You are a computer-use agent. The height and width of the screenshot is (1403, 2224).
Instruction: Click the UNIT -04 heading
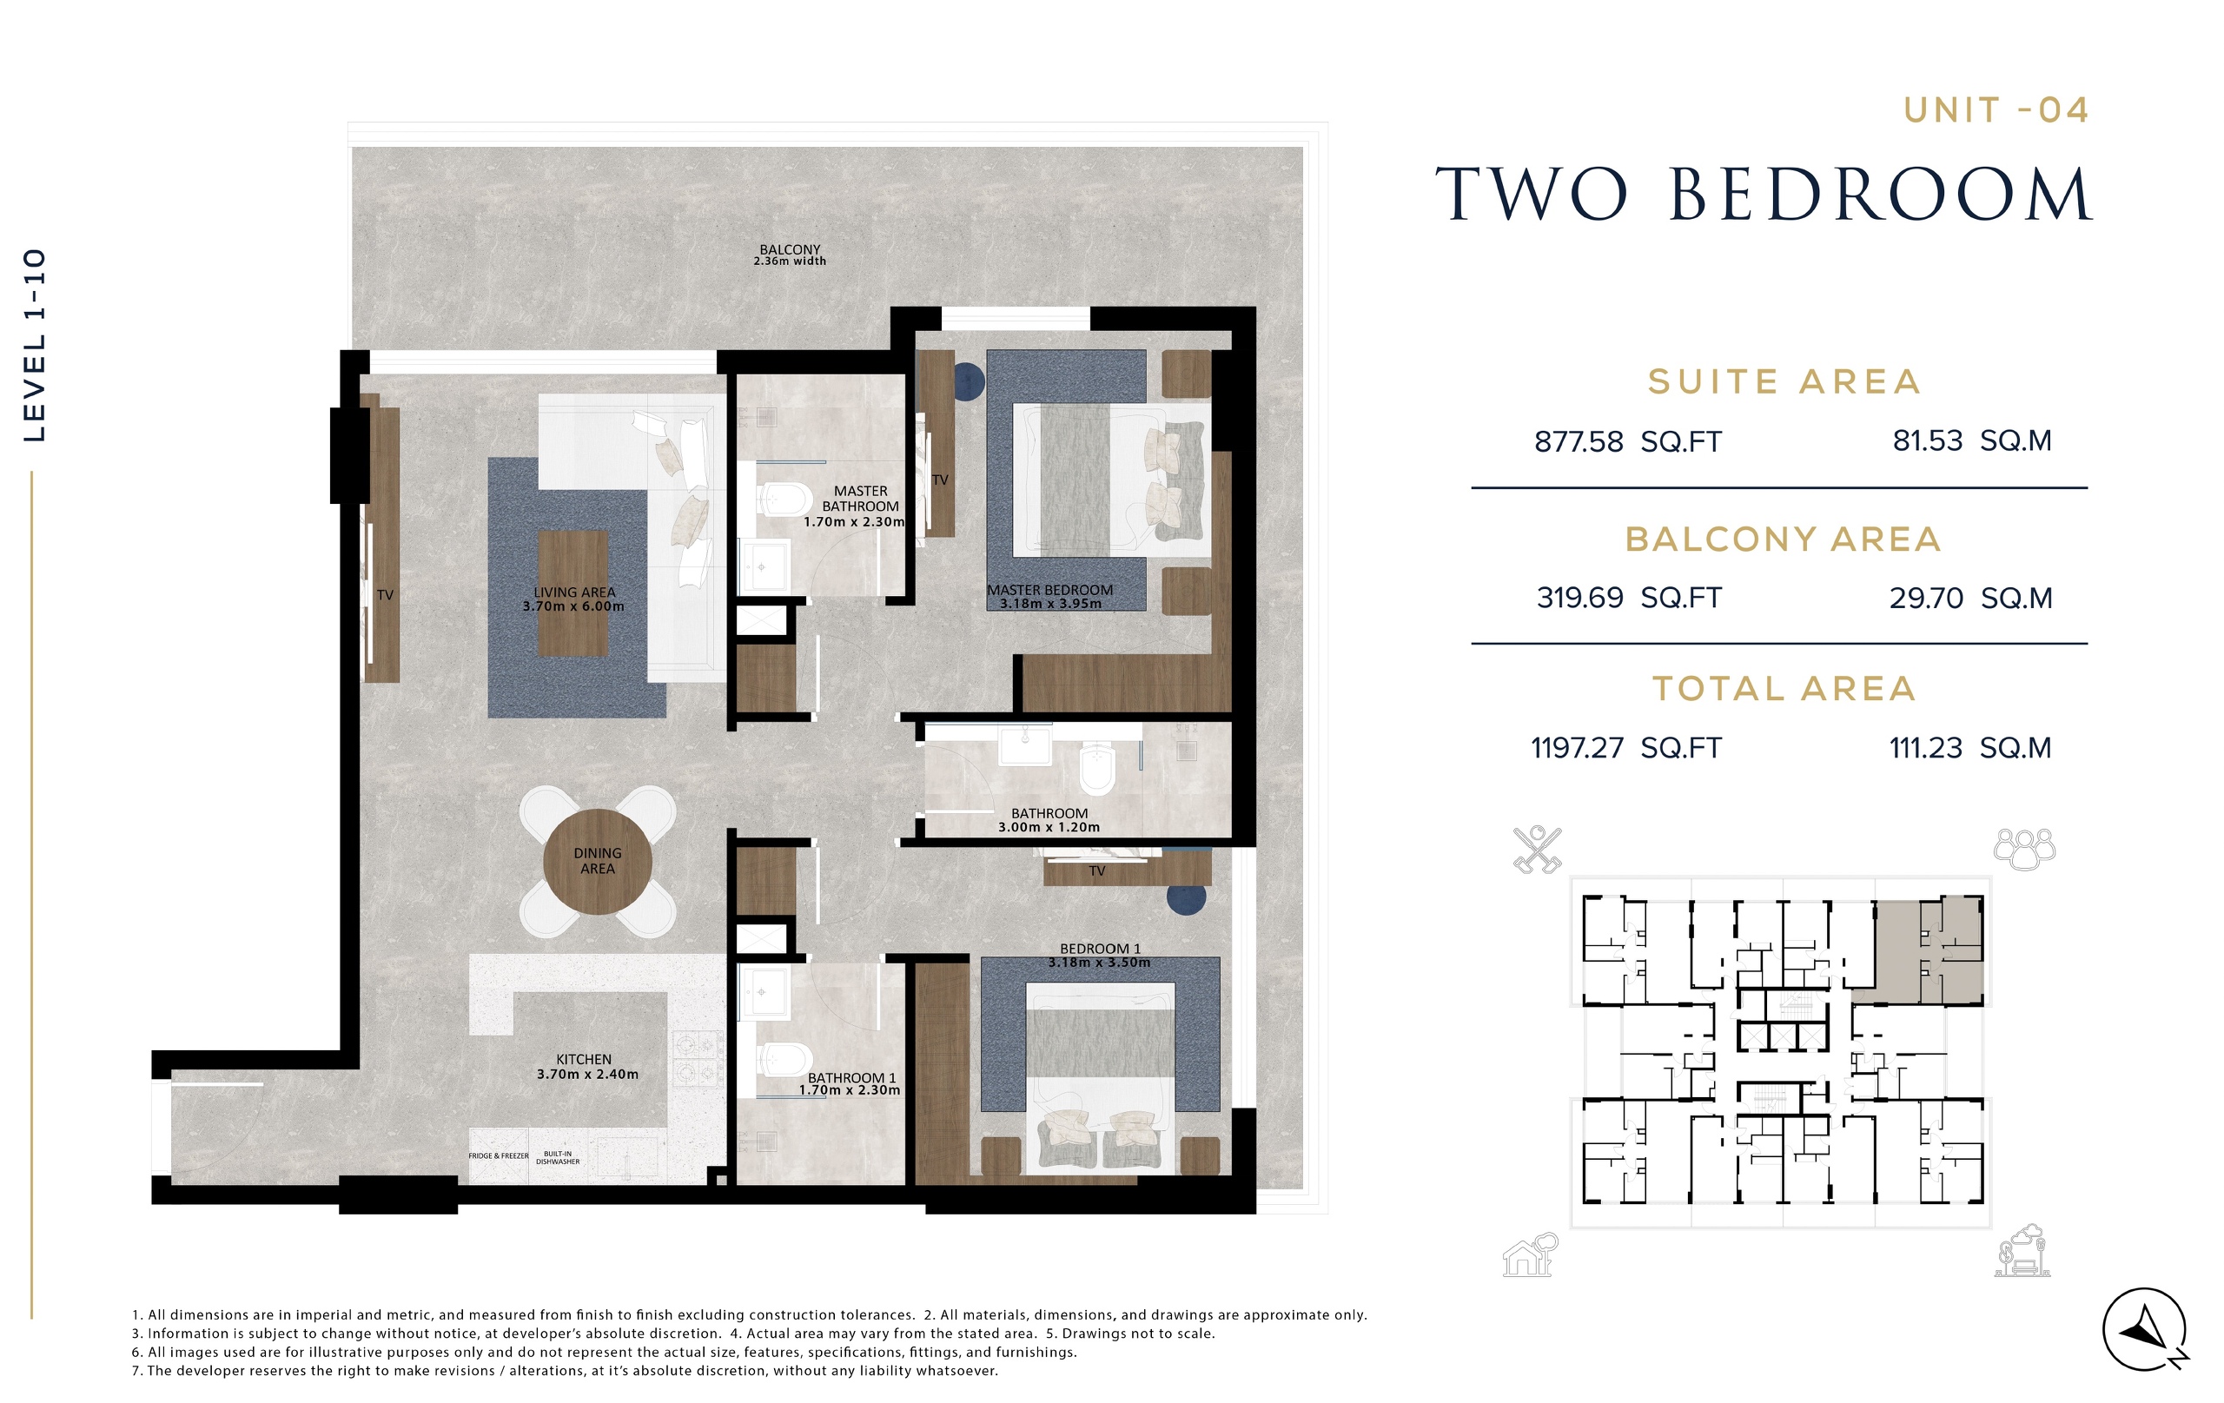pyautogui.click(x=1996, y=111)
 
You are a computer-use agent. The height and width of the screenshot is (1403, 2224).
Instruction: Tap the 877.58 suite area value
pyautogui.click(x=1579, y=441)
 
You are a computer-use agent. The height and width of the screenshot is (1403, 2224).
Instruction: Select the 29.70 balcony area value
pyautogui.click(x=1927, y=599)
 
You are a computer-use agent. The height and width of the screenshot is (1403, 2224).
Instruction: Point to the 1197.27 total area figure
pyautogui.click(x=1578, y=748)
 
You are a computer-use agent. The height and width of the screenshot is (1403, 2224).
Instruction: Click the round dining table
pyautogui.click(x=598, y=862)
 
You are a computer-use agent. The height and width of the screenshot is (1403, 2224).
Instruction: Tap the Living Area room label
pyautogui.click(x=573, y=599)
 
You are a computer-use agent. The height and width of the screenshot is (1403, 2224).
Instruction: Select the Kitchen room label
pyautogui.click(x=587, y=1067)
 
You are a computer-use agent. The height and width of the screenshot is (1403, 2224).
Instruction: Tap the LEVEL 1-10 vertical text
pyautogui.click(x=34, y=346)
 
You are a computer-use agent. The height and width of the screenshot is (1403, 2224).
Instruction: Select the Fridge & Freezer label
pyautogui.click(x=499, y=1155)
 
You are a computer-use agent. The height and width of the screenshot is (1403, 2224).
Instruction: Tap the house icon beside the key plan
pyautogui.click(x=1531, y=1254)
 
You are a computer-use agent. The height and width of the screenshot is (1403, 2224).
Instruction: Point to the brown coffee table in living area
pyautogui.click(x=573, y=593)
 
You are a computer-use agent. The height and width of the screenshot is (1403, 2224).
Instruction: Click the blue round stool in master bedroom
pyautogui.click(x=967, y=381)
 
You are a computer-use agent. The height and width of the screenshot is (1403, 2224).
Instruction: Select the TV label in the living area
pyautogui.click(x=385, y=595)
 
